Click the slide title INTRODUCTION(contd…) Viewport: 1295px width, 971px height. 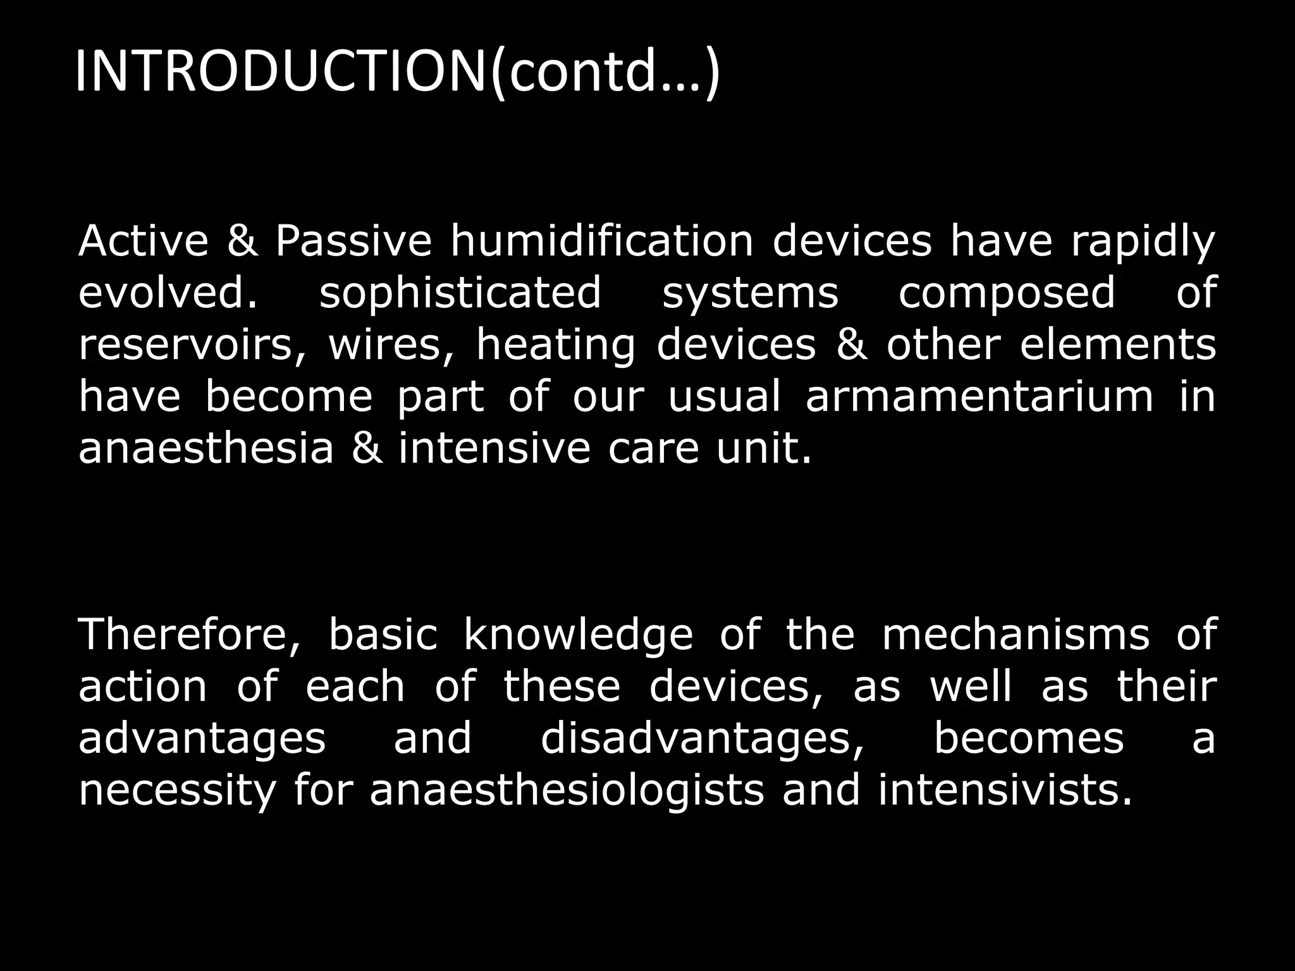click(x=397, y=73)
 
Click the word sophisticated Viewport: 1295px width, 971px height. click(x=460, y=295)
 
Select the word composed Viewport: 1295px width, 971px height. click(x=1007, y=295)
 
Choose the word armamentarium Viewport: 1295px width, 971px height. click(x=979, y=397)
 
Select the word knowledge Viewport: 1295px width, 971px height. click(x=579, y=637)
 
